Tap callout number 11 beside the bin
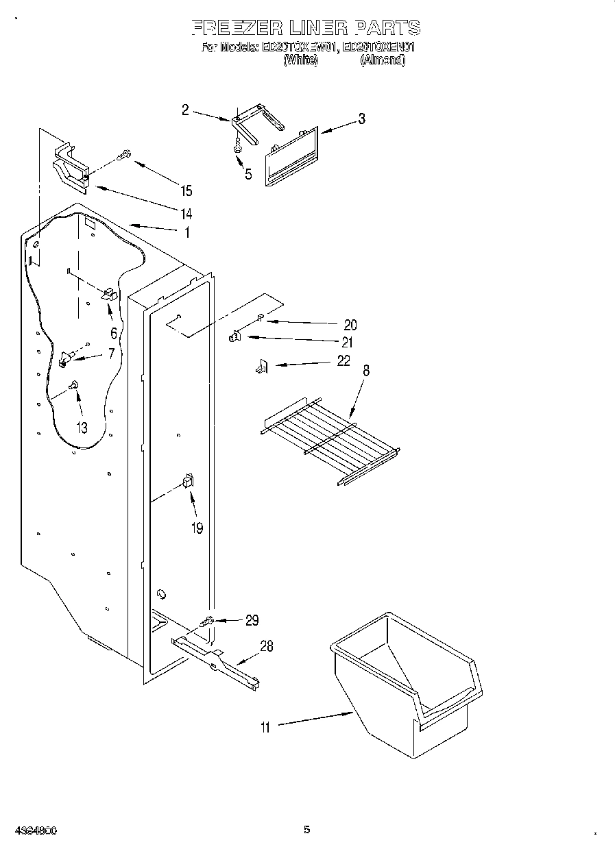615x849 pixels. pyautogui.click(x=265, y=728)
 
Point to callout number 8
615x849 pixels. pyautogui.click(x=366, y=371)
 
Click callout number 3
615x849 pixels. pyautogui.click(x=361, y=119)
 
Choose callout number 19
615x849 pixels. pyautogui.click(x=197, y=528)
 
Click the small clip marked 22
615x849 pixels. pyautogui.click(x=261, y=368)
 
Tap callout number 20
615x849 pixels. pyautogui.click(x=350, y=325)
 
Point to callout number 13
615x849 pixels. pyautogui.click(x=82, y=428)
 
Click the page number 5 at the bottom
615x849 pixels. pyautogui.click(x=306, y=830)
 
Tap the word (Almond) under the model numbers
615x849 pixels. pyautogui.click(x=383, y=60)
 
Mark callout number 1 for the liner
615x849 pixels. pyautogui.click(x=186, y=232)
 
